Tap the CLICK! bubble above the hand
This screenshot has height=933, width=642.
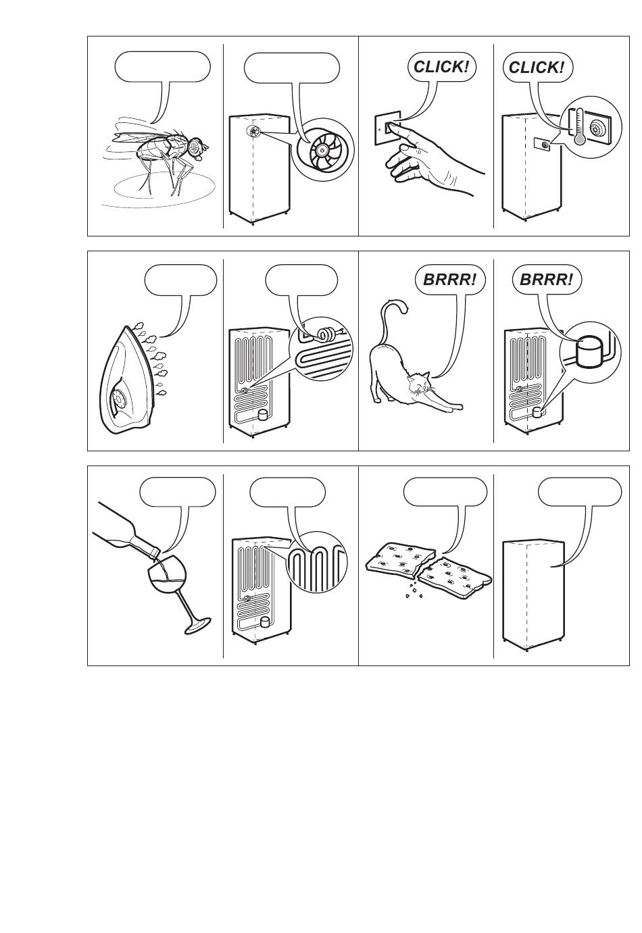[441, 67]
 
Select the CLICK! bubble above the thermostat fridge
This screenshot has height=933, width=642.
[537, 67]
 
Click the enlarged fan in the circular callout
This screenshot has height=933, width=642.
[323, 149]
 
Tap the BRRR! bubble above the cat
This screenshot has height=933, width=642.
[450, 280]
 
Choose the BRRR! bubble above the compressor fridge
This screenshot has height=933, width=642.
[546, 280]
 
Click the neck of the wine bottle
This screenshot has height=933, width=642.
[147, 546]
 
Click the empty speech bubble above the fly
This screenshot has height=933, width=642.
[162, 67]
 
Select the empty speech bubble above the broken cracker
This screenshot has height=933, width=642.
[445, 491]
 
